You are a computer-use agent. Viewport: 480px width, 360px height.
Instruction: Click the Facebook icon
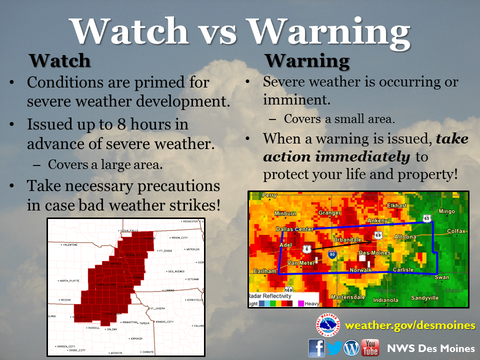tap(316, 347)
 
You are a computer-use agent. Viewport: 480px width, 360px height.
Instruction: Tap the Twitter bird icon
tap(334, 347)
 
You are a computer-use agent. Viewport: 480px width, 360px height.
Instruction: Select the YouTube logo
tap(370, 347)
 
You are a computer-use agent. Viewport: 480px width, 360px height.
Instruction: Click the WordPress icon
tap(352, 347)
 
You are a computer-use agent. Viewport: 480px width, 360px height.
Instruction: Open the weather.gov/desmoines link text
tap(410, 325)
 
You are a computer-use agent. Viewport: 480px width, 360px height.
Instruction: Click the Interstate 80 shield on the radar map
tap(332, 254)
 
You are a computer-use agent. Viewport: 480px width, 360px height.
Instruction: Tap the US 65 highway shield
tap(426, 218)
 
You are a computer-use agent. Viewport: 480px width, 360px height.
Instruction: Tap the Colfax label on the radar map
tap(455, 231)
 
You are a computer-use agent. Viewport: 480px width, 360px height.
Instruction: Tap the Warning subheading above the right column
tap(307, 60)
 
